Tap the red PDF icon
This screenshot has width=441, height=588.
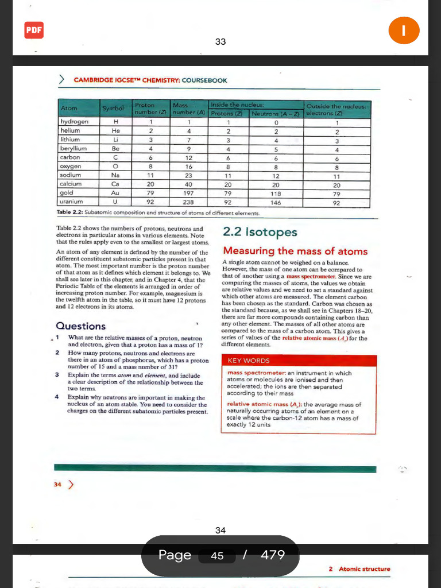[34, 30]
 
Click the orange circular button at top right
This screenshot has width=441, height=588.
[404, 30]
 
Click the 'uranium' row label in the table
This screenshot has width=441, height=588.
[72, 202]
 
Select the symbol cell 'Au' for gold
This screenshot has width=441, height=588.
[115, 194]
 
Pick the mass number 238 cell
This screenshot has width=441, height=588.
[189, 202]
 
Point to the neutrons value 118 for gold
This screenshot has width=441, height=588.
[276, 194]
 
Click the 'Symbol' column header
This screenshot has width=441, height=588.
[113, 109]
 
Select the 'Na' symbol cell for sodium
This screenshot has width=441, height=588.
[115, 175]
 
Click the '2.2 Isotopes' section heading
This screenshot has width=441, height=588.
[260, 232]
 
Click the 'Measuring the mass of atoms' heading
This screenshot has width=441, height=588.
[295, 251]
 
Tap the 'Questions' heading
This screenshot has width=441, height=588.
[80, 326]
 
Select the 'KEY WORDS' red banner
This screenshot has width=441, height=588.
[249, 361]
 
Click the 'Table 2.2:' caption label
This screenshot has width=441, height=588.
[69, 212]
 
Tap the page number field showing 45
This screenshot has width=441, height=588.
[217, 555]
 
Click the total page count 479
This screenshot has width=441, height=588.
[272, 555]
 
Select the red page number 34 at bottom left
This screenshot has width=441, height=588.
[57, 485]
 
